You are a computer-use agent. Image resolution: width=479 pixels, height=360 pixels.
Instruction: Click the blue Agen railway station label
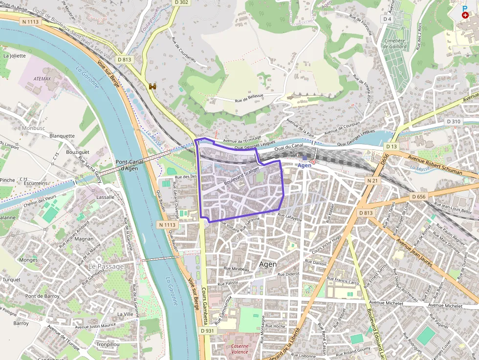pyautogui.click(x=305, y=165)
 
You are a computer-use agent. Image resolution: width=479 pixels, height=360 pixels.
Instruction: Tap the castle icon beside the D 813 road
pyautogui.click(x=152, y=86)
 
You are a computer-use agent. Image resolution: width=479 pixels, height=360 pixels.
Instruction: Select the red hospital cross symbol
pyautogui.click(x=464, y=16)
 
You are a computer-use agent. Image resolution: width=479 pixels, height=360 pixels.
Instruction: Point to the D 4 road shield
pyautogui.click(x=388, y=19)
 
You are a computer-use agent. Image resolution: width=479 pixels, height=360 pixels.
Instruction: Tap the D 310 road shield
pyautogui.click(x=453, y=121)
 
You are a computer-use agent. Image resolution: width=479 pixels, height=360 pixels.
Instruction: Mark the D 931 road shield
pyautogui.click(x=207, y=331)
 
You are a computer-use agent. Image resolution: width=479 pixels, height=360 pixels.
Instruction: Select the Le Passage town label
pyautogui.click(x=106, y=267)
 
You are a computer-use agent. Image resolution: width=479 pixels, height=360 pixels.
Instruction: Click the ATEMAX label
pyautogui.click(x=42, y=78)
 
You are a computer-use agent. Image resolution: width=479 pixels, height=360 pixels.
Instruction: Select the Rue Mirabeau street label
pyautogui.click(x=237, y=269)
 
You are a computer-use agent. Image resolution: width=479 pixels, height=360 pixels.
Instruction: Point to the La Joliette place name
pyautogui.click(x=14, y=56)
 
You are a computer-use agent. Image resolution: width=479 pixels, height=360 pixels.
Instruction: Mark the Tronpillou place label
pyautogui.click(x=108, y=344)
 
